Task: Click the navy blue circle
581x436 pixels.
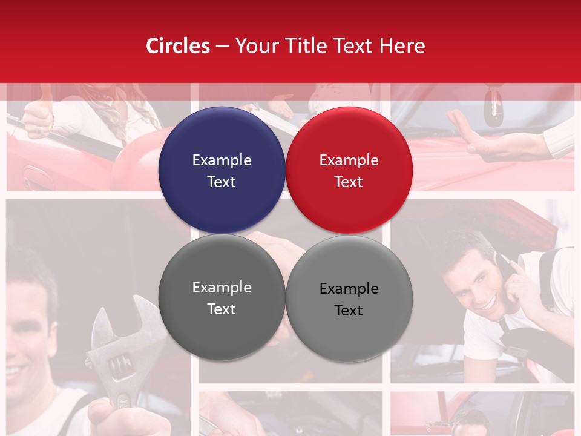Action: pos(222,170)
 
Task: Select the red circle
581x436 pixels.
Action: pos(349,170)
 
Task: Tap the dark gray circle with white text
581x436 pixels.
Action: pos(222,297)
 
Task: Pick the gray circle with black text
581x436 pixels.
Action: pos(349,299)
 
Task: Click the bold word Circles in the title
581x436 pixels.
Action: pos(178,46)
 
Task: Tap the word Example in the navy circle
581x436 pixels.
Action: pos(222,160)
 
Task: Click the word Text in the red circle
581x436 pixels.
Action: pos(349,182)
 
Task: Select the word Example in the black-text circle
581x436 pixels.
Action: pos(349,288)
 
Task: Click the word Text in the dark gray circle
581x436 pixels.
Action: pos(222,309)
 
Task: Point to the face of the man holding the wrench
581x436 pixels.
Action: pos(27,339)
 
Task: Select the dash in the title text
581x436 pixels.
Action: pos(222,46)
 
